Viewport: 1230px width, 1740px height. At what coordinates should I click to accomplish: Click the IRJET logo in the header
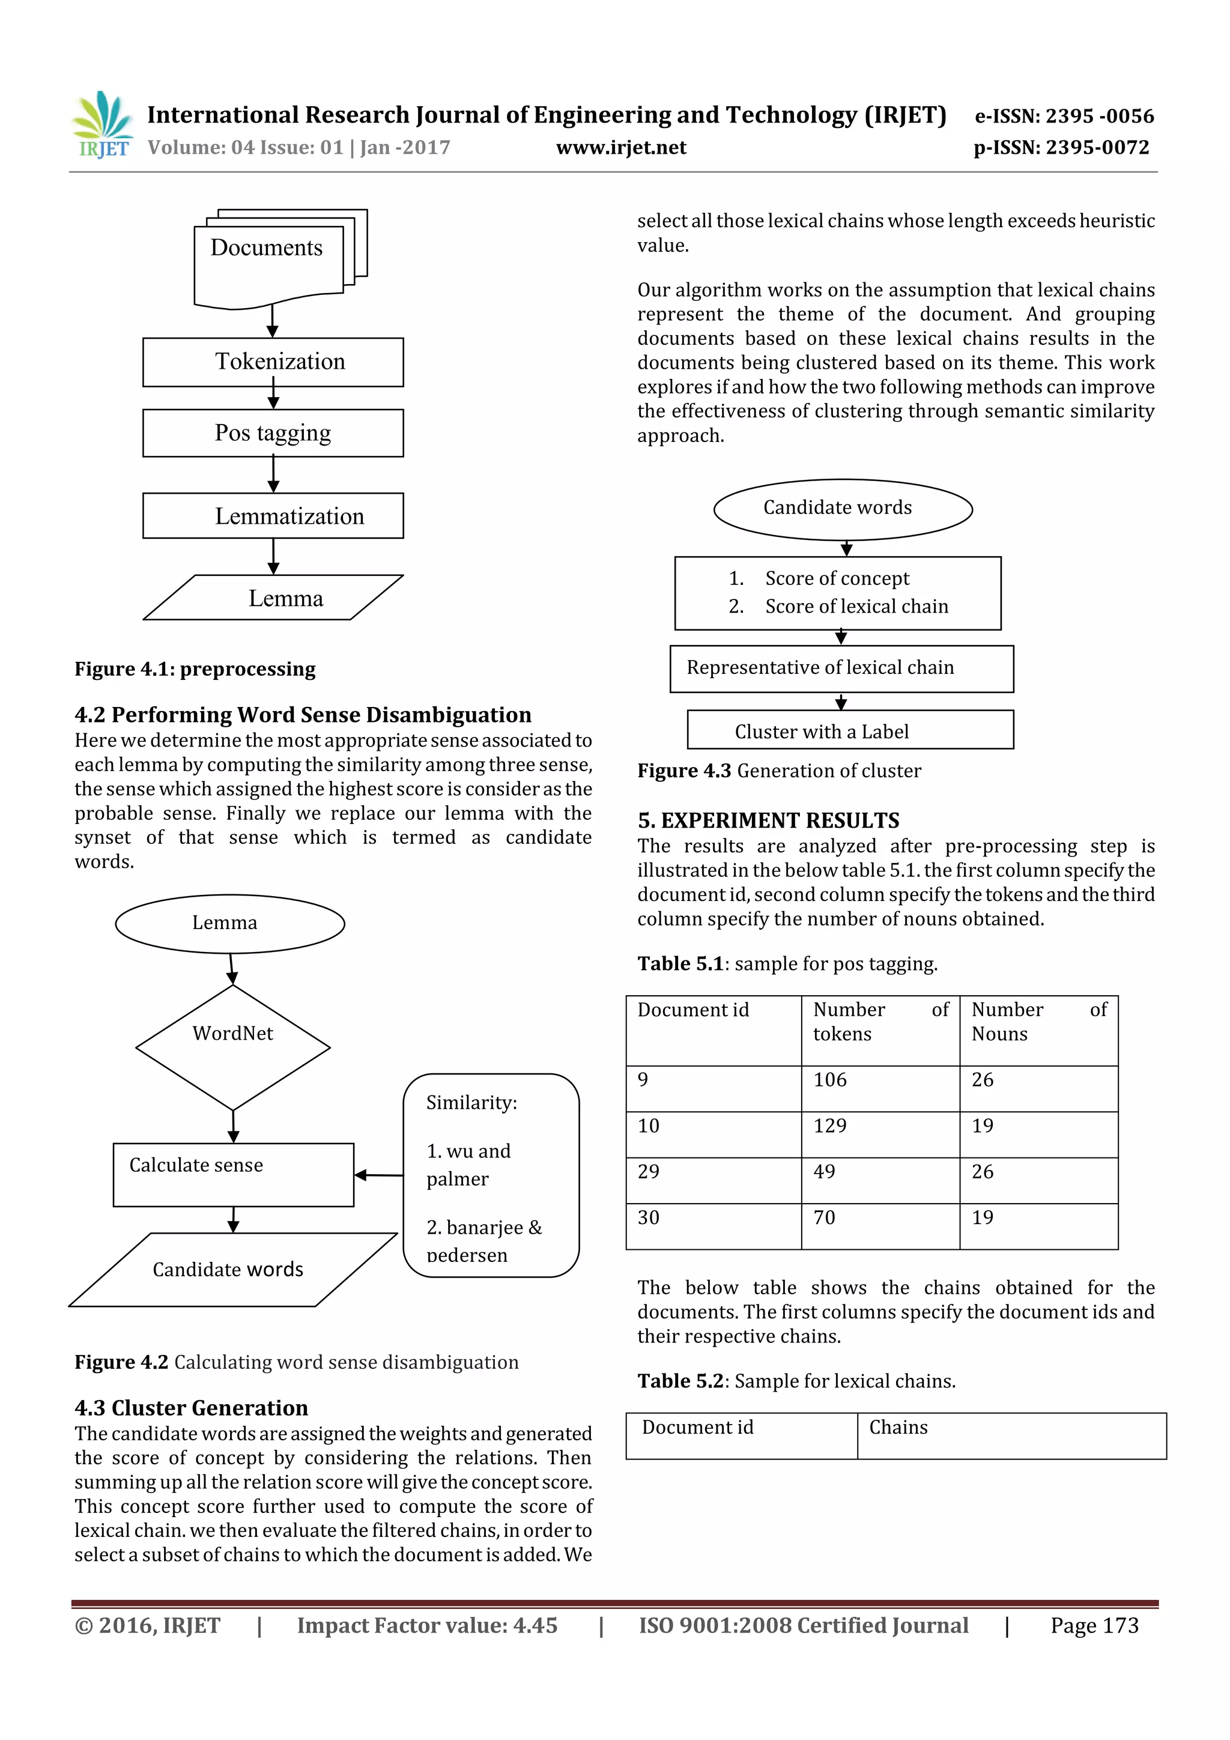click(x=101, y=126)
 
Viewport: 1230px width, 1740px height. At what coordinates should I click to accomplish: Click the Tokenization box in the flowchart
click(x=273, y=362)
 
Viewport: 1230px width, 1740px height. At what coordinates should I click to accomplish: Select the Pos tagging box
click(x=273, y=432)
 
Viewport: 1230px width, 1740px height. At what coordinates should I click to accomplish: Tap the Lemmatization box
click(x=273, y=516)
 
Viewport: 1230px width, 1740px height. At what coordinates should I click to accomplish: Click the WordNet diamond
click(x=232, y=1046)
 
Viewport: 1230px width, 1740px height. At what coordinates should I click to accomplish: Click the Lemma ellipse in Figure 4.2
click(x=229, y=923)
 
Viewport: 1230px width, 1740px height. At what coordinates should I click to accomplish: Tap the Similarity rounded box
click(x=491, y=1175)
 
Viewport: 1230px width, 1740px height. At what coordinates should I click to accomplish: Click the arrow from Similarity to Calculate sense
click(x=378, y=1175)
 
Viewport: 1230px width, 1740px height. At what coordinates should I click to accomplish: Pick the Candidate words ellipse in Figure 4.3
click(x=842, y=509)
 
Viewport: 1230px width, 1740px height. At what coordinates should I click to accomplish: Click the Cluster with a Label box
click(x=850, y=730)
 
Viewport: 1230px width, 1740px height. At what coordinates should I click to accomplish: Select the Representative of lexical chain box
click(x=841, y=668)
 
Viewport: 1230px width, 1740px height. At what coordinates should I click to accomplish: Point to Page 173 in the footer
click(x=1094, y=1625)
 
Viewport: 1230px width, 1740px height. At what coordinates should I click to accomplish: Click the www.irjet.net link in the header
click(x=620, y=148)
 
